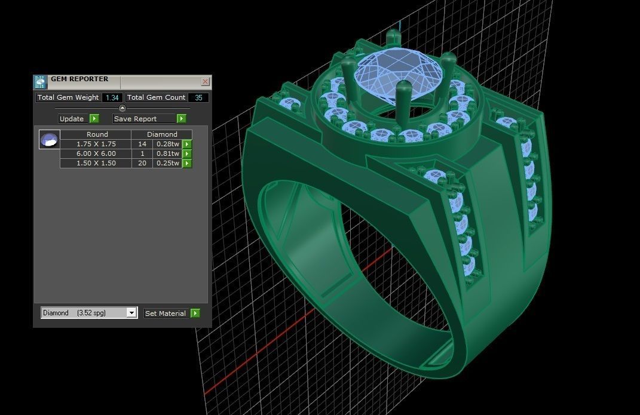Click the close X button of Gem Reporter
[x=205, y=82]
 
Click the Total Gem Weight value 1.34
[x=112, y=97]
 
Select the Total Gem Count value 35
[x=198, y=97]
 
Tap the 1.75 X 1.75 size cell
[x=96, y=144]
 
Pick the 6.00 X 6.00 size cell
[x=96, y=153]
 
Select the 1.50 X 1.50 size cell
[x=96, y=163]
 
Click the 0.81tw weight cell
[x=167, y=153]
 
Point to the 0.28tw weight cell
[x=167, y=144]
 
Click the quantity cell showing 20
[x=142, y=163]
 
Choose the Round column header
[x=97, y=134]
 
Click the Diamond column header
[x=162, y=134]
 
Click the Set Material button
[x=166, y=313]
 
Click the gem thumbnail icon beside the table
[x=49, y=140]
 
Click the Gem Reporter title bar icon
[x=39, y=82]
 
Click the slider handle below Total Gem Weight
[x=123, y=108]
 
